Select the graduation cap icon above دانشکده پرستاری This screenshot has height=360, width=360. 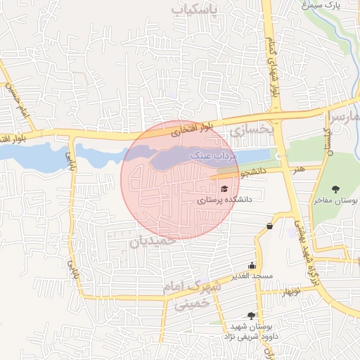tap(224, 188)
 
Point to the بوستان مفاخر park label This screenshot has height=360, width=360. tap(335, 201)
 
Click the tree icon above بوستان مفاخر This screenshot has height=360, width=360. tap(335, 189)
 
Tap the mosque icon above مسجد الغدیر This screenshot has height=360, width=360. tap(252, 265)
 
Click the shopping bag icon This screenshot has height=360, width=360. tap(270, 226)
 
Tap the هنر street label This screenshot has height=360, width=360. tap(300, 169)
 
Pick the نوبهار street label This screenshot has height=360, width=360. tap(288, 290)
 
